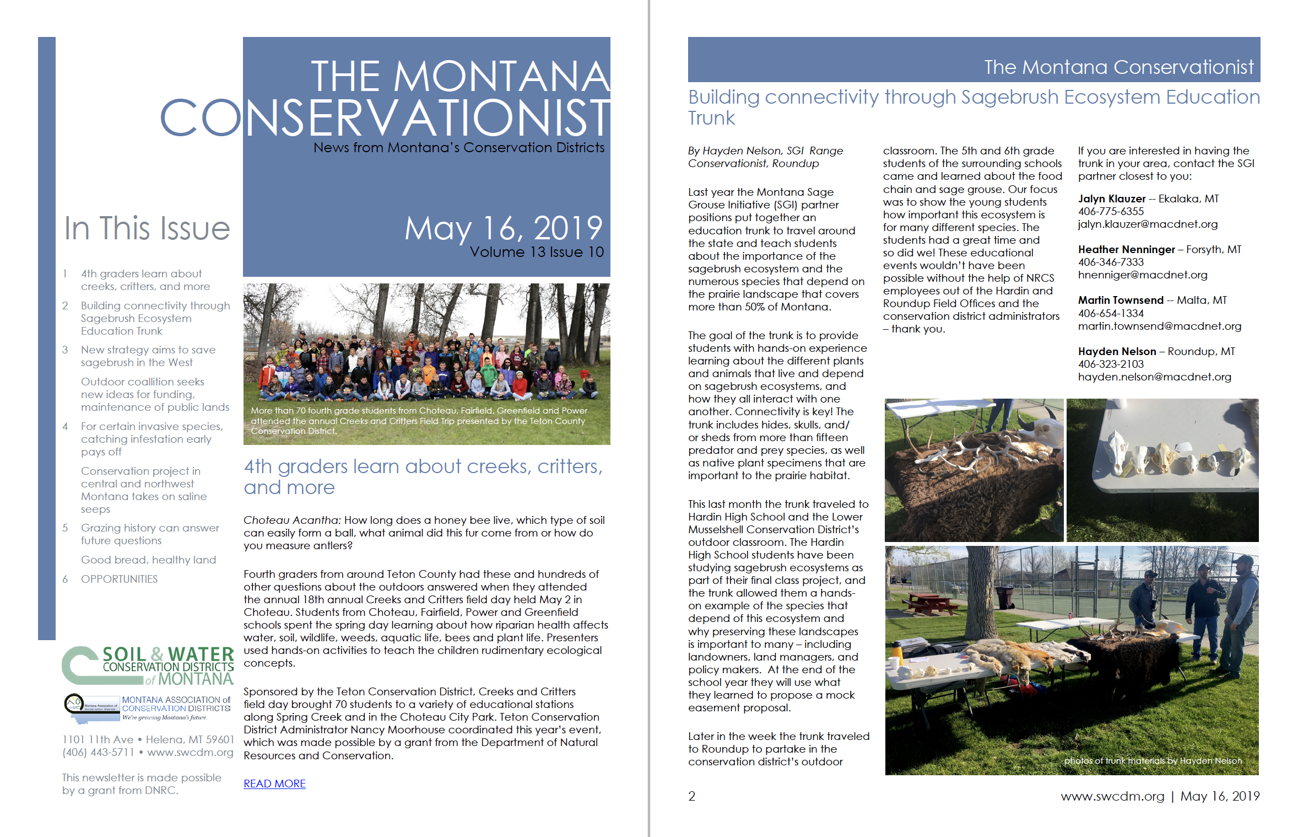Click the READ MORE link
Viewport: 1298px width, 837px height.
pyautogui.click(x=274, y=784)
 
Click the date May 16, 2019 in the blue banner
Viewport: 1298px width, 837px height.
pyautogui.click(x=504, y=228)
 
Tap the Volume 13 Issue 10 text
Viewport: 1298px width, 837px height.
pyautogui.click(x=537, y=252)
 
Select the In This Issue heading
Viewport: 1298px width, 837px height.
pyautogui.click(x=147, y=228)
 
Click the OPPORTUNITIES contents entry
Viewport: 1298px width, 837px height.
pyautogui.click(x=119, y=579)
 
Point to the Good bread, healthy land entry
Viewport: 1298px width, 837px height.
pyautogui.click(x=148, y=560)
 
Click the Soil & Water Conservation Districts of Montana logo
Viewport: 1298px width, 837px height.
pyautogui.click(x=148, y=666)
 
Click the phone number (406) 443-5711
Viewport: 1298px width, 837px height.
pyautogui.click(x=98, y=752)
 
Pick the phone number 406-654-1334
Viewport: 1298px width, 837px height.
pyautogui.click(x=1111, y=313)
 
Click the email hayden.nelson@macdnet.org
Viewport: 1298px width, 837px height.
pyautogui.click(x=1154, y=377)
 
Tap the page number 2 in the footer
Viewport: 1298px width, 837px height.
pyautogui.click(x=692, y=796)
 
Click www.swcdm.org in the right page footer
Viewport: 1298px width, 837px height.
pyautogui.click(x=1112, y=796)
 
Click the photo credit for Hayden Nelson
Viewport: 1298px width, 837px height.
pyautogui.click(x=1153, y=761)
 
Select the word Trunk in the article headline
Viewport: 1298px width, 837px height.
pyautogui.click(x=711, y=118)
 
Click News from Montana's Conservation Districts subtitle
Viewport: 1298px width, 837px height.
pyautogui.click(x=458, y=148)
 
